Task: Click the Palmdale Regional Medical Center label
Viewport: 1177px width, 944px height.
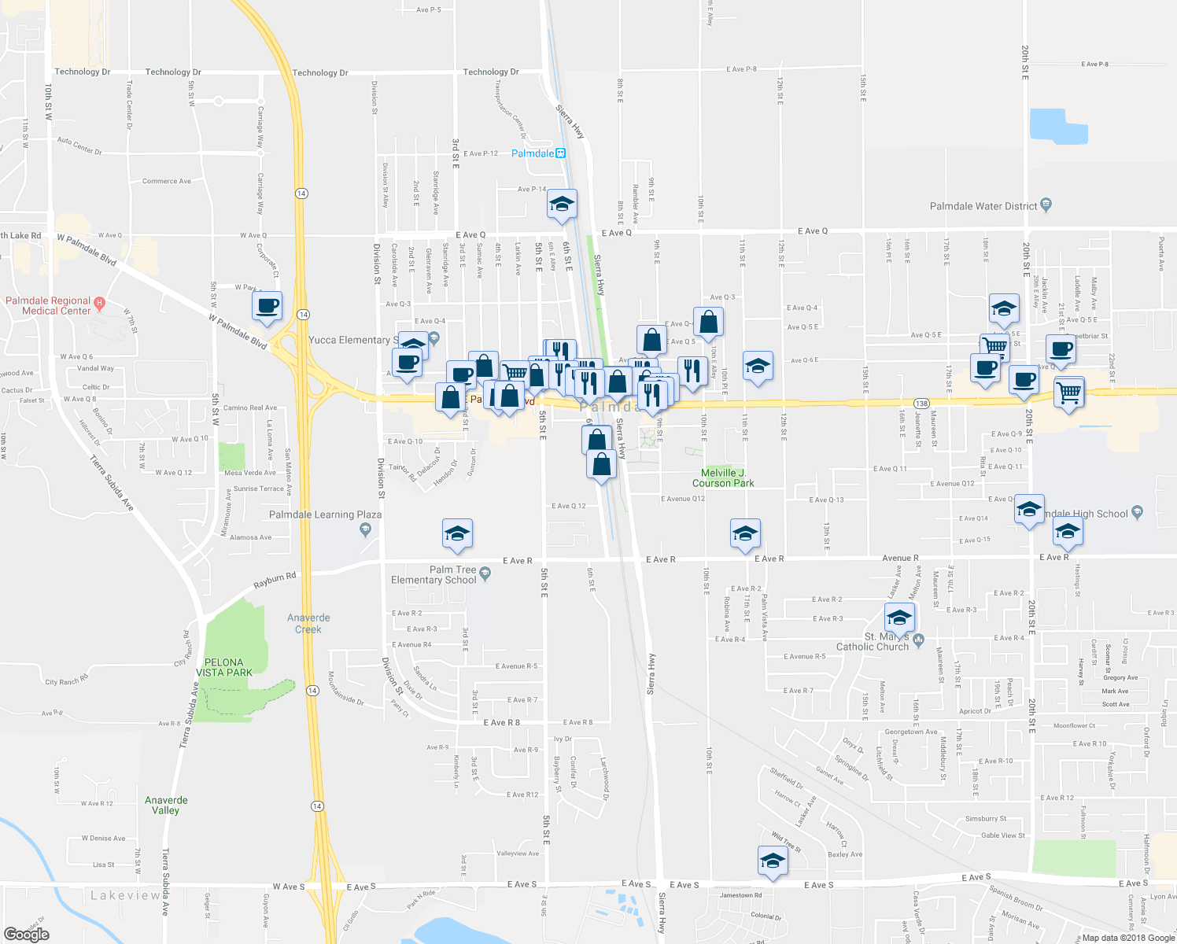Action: (x=49, y=306)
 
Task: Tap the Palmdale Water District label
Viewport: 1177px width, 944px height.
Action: (x=983, y=206)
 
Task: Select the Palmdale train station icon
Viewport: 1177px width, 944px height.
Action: (x=560, y=153)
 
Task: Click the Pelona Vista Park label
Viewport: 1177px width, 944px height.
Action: (x=224, y=667)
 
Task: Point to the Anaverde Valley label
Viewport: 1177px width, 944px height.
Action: (x=166, y=805)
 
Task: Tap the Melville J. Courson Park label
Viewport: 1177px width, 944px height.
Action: (x=723, y=478)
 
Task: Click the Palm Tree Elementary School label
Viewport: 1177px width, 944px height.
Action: (x=434, y=574)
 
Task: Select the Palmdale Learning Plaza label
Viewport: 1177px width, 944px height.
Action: (x=325, y=514)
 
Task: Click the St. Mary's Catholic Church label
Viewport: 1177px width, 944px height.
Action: (x=873, y=642)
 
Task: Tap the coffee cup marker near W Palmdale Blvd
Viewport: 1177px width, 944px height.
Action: (x=267, y=306)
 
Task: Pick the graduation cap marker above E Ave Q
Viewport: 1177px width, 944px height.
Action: (x=562, y=204)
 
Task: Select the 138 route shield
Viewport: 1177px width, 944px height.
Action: (x=922, y=404)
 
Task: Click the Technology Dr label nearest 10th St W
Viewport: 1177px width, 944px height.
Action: (x=83, y=72)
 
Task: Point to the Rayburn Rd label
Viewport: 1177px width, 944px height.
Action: (x=275, y=581)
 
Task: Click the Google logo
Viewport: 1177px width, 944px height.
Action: (x=26, y=934)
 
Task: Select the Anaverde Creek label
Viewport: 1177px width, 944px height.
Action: (x=308, y=623)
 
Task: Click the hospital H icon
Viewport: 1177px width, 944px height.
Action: (x=99, y=302)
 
